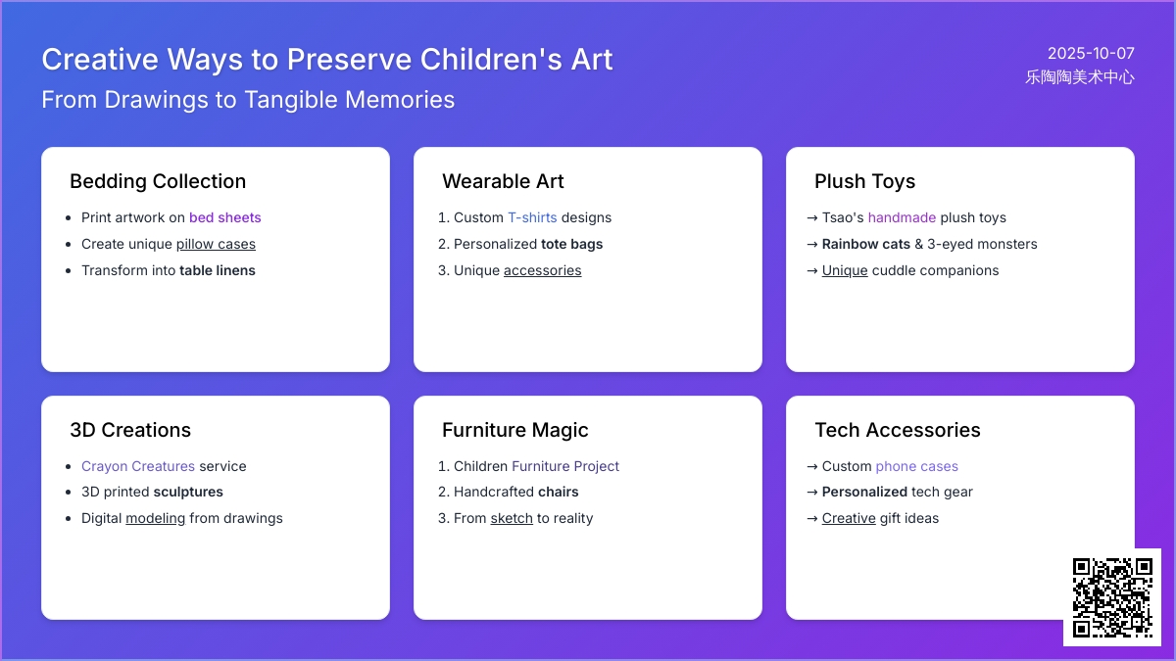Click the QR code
click(1112, 597)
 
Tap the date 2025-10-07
click(1091, 54)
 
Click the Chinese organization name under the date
click(1080, 77)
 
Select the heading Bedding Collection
click(158, 181)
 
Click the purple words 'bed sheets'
click(224, 217)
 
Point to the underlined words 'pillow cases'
click(216, 245)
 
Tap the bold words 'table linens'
click(218, 270)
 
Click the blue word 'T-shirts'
click(532, 217)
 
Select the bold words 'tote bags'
click(571, 245)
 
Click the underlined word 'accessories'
click(542, 270)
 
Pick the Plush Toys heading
click(864, 181)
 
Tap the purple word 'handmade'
click(902, 217)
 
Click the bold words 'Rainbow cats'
click(865, 245)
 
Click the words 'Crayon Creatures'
click(138, 466)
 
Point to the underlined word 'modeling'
click(156, 518)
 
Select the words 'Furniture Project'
click(565, 466)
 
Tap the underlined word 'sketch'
click(512, 518)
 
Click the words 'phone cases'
click(916, 466)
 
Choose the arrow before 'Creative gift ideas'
click(812, 519)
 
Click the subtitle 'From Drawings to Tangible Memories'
click(248, 100)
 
